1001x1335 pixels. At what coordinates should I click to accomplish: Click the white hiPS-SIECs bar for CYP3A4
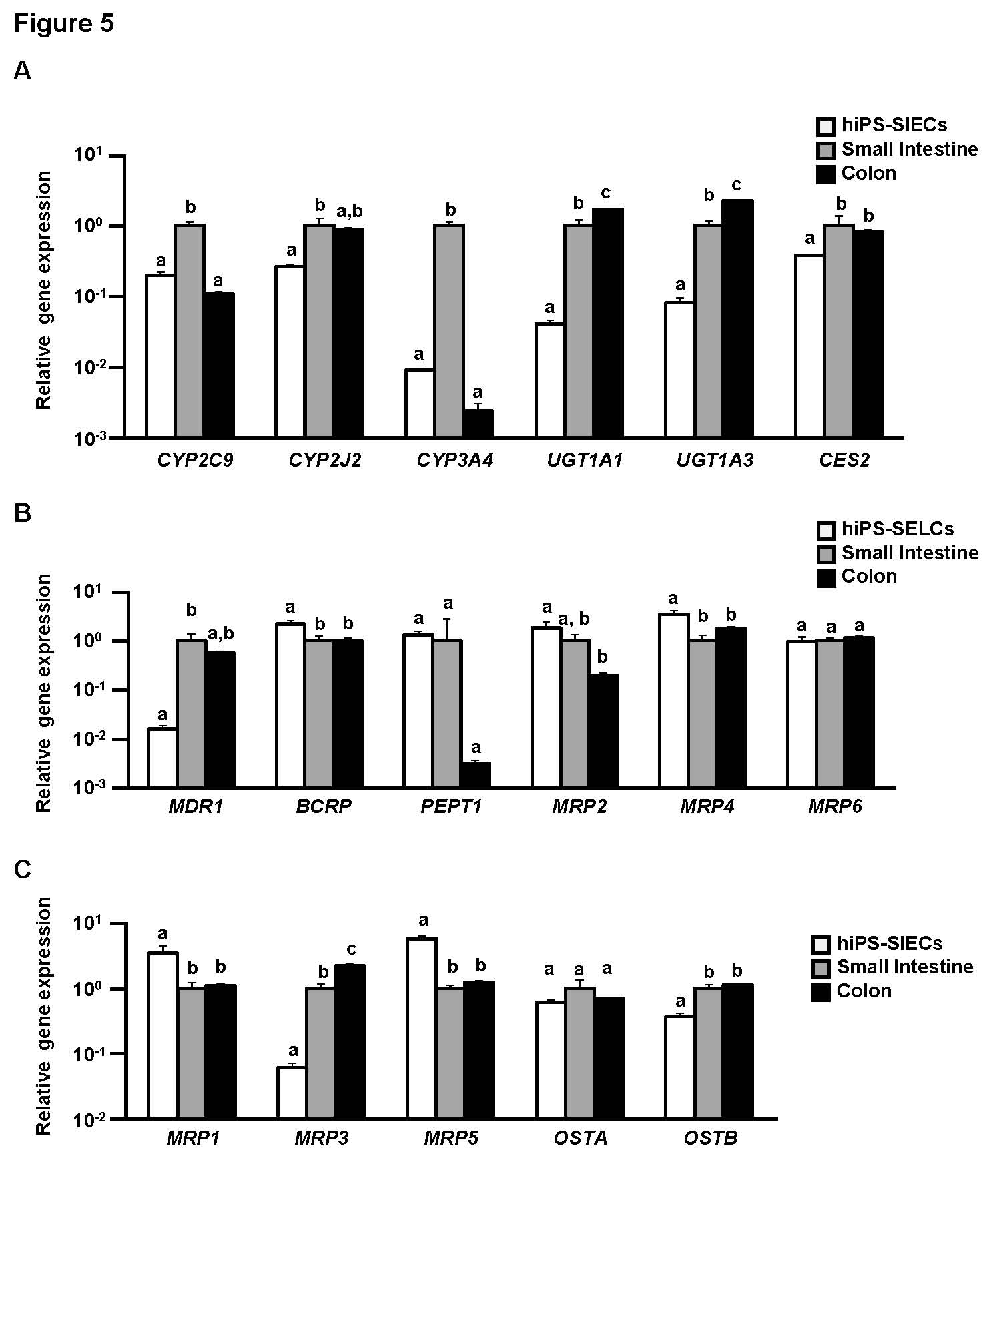pyautogui.click(x=420, y=403)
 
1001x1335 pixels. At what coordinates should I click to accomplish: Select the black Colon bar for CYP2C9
pyautogui.click(x=219, y=364)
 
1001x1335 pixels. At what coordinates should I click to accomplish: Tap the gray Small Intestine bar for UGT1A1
pyautogui.click(x=579, y=331)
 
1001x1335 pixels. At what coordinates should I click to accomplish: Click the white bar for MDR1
pyautogui.click(x=162, y=758)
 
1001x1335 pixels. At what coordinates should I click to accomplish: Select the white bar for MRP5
pyautogui.click(x=422, y=1027)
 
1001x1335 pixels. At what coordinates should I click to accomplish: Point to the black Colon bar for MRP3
pyautogui.click(x=350, y=1041)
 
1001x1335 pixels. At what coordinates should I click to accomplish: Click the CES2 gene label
pyautogui.click(x=844, y=461)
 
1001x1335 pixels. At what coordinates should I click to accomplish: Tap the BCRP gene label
pyautogui.click(x=324, y=806)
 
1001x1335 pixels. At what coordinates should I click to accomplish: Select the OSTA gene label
pyautogui.click(x=581, y=1138)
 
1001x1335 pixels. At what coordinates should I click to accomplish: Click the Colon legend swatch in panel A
pyautogui.click(x=825, y=174)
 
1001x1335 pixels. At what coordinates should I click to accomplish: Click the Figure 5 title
pyautogui.click(x=64, y=24)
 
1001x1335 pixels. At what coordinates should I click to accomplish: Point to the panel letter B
pyautogui.click(x=22, y=513)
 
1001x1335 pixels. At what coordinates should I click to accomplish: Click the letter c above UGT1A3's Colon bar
pyautogui.click(x=737, y=185)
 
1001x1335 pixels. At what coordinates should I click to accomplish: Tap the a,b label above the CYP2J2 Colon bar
pyautogui.click(x=350, y=212)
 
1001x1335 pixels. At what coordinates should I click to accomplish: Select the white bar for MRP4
pyautogui.click(x=673, y=700)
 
